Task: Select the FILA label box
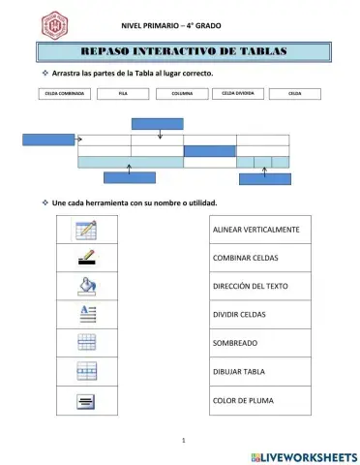pos(122,94)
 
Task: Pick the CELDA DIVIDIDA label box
pos(237,94)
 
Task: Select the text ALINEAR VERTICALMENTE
pos(255,230)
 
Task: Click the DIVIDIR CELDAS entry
pos(239,315)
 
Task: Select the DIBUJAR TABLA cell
pos(238,371)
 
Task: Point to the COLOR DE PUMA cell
pos(238,399)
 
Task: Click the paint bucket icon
pos(87,285)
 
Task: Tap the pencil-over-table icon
pos(87,230)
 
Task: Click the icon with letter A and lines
pos(87,313)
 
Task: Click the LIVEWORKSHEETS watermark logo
pos(303,455)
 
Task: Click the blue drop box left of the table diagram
pos(48,139)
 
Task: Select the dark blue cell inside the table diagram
pos(209,150)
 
